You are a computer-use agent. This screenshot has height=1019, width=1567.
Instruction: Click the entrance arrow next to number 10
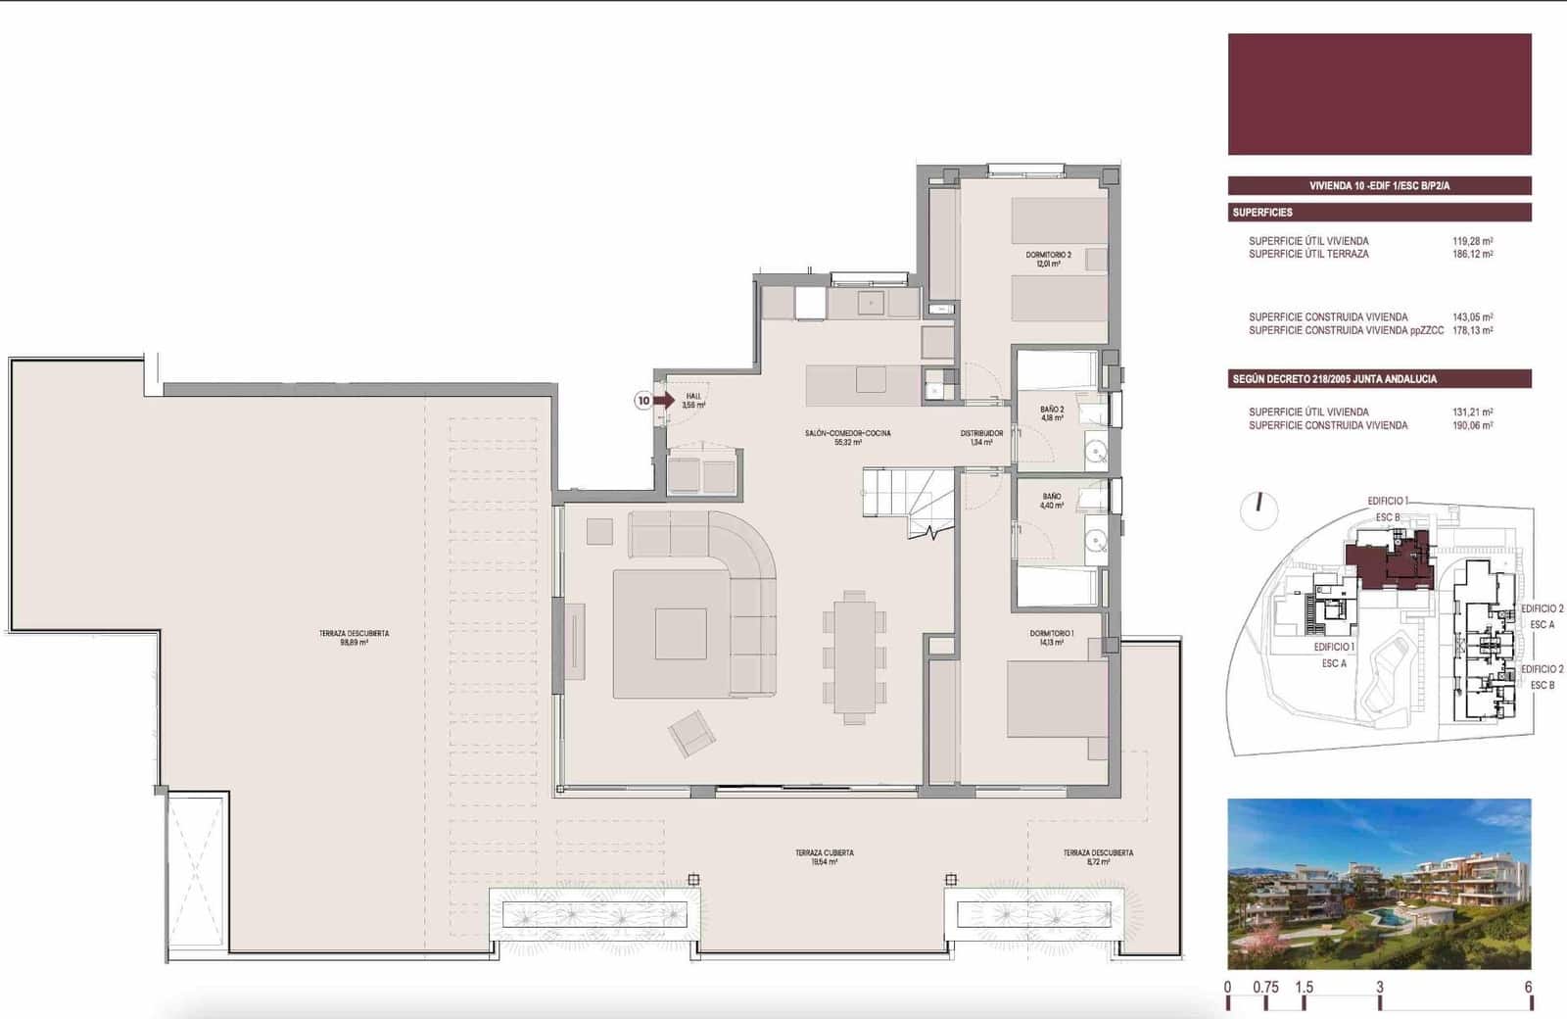click(x=665, y=400)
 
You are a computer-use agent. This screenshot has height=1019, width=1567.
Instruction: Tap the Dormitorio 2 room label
click(x=1048, y=259)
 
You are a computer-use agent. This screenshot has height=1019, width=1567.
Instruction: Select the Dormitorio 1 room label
click(x=1051, y=638)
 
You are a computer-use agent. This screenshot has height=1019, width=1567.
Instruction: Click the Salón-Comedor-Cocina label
click(x=847, y=437)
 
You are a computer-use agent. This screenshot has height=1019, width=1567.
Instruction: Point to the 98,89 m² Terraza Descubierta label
click(x=354, y=638)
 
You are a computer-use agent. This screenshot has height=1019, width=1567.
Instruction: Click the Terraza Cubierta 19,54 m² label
click(x=824, y=857)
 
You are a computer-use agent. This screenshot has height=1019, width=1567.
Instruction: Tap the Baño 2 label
click(x=1052, y=413)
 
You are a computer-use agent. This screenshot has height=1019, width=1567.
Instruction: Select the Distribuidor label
click(x=980, y=437)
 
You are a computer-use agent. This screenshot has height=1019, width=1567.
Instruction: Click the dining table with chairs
click(x=854, y=656)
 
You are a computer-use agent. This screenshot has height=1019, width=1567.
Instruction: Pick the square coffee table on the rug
click(x=681, y=634)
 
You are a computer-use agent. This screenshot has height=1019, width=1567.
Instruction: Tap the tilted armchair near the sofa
click(x=691, y=733)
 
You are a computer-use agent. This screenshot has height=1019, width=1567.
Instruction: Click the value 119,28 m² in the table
click(x=1472, y=241)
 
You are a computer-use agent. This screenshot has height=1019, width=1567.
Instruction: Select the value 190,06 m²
click(x=1472, y=426)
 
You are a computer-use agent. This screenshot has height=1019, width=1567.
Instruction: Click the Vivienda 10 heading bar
click(x=1379, y=185)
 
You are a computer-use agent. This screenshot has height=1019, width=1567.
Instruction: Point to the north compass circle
click(x=1258, y=510)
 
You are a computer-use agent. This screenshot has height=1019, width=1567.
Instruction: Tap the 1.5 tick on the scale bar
click(x=1304, y=988)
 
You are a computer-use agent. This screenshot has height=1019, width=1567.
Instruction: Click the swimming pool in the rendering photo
click(x=1384, y=916)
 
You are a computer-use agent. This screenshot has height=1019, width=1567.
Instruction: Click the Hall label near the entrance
click(x=693, y=400)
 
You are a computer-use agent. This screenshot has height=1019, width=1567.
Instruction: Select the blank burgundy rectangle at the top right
click(x=1379, y=94)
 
